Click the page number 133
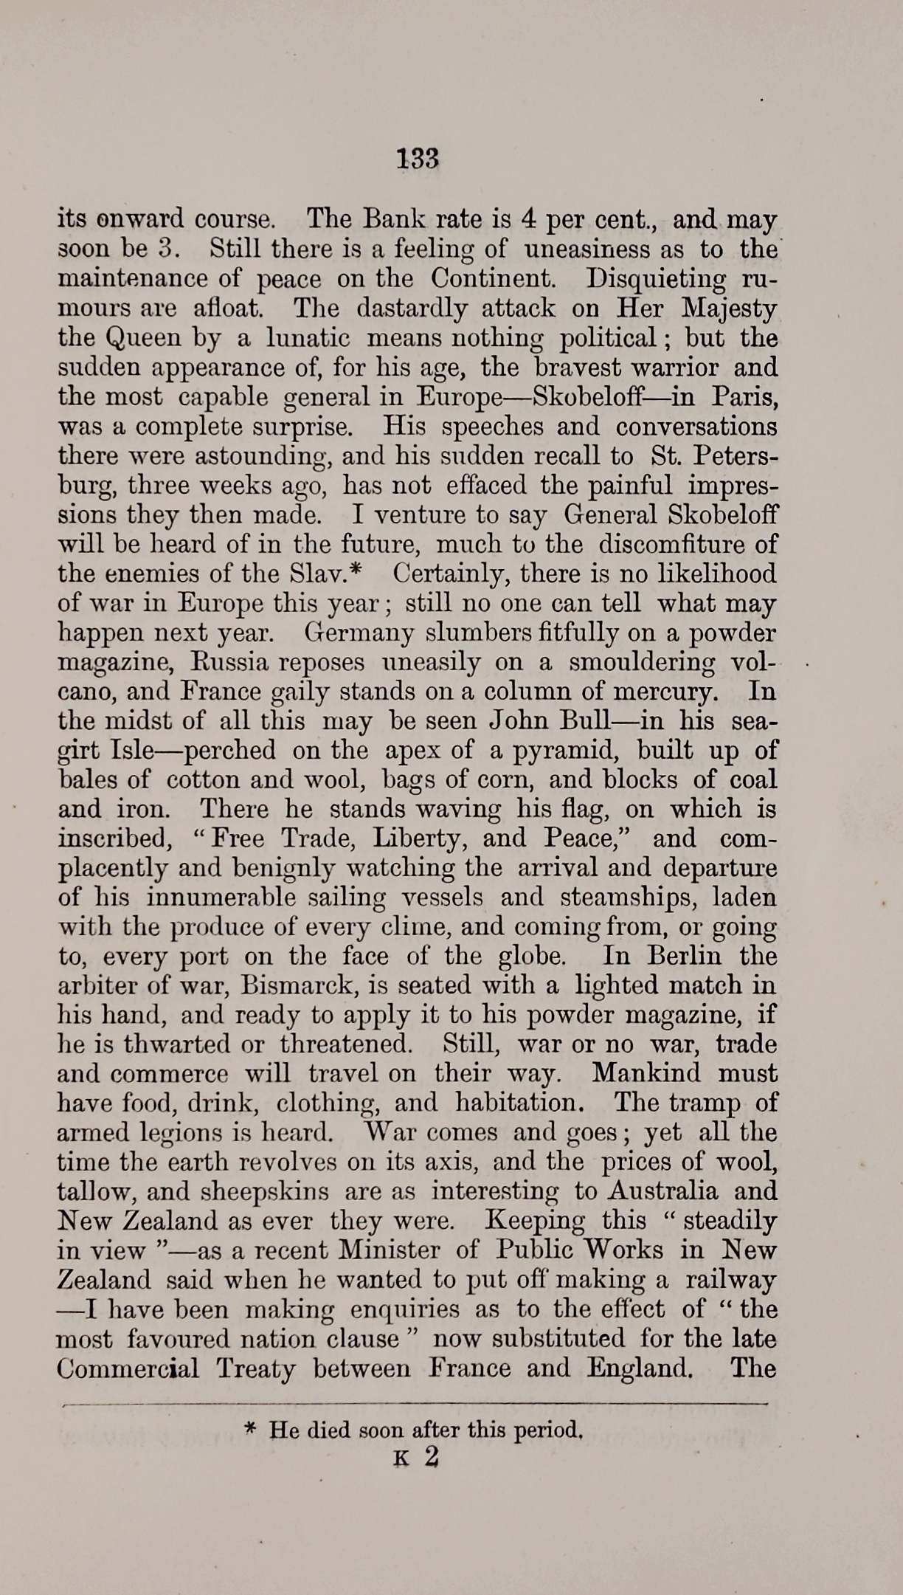(418, 158)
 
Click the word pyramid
(563, 751)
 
